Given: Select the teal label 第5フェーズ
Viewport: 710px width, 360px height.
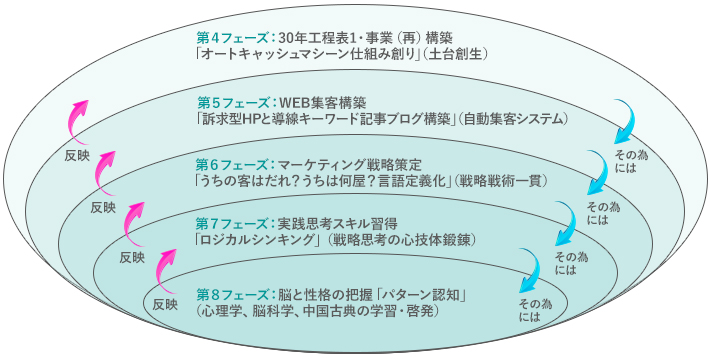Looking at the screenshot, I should point(229,102).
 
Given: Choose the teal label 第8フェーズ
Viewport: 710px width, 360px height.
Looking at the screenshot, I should point(229,294).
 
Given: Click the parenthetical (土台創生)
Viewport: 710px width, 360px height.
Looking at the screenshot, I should point(462,56).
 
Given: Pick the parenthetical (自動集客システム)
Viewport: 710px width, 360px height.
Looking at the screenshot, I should point(515,119).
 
